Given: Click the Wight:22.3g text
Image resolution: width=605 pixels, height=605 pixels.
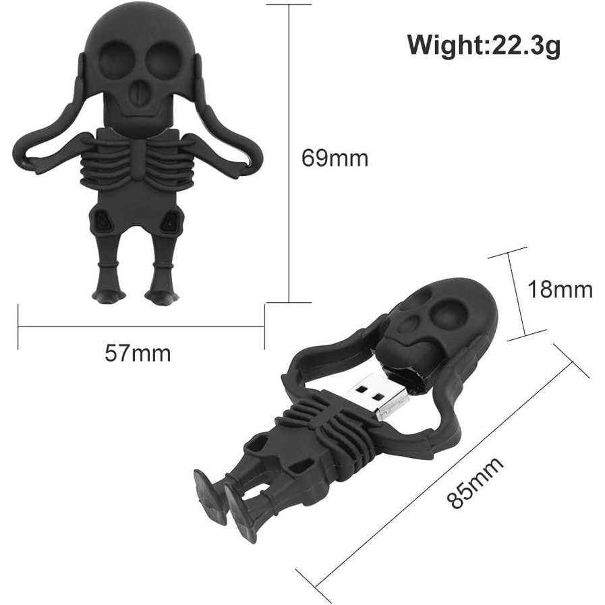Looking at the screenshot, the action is (484, 47).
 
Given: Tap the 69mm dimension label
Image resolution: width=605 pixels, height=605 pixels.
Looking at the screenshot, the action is (335, 158).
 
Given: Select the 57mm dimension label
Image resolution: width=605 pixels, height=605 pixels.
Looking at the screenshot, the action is (138, 353).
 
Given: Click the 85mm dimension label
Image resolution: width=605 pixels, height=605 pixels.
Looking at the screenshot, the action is (476, 483).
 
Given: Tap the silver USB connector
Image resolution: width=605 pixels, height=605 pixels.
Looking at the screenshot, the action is (380, 397).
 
